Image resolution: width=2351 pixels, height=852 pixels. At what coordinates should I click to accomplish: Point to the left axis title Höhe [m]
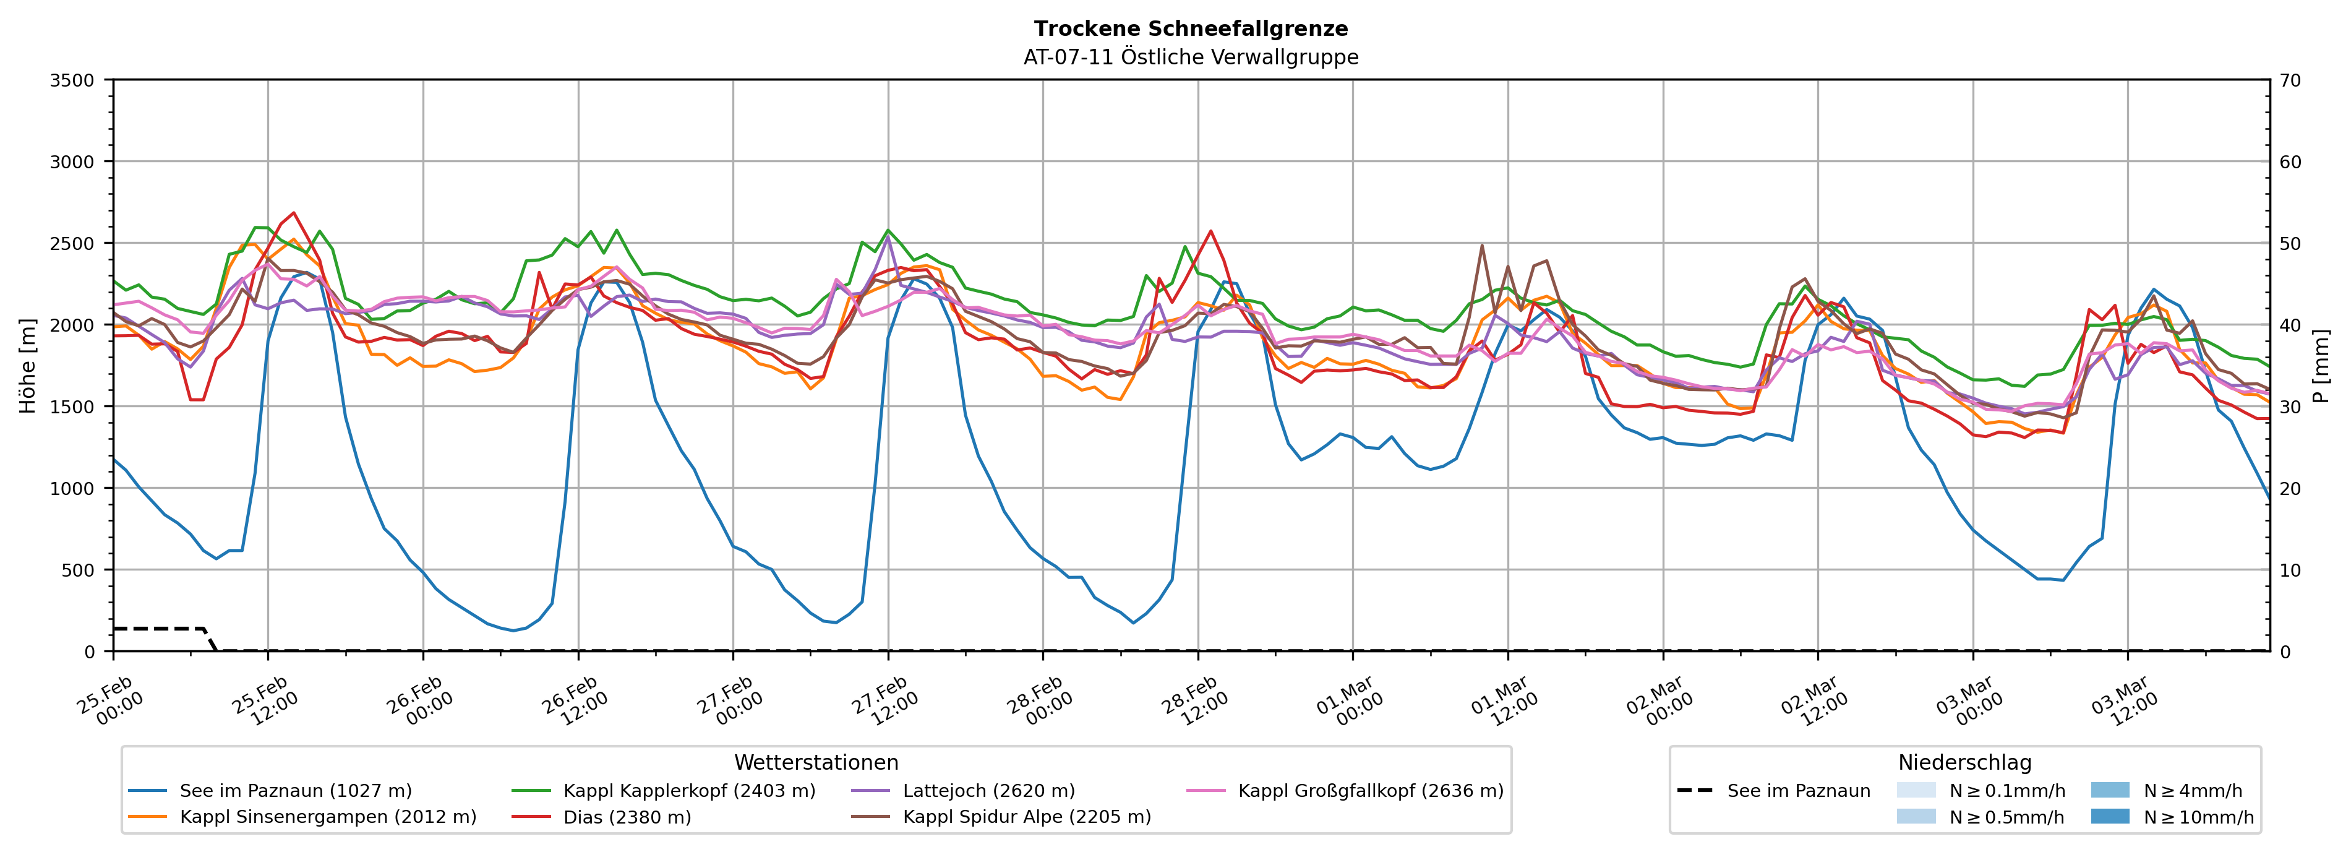click(28, 365)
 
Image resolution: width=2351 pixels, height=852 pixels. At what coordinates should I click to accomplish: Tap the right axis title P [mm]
click(2321, 365)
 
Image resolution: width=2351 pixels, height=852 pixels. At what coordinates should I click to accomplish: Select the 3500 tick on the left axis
click(72, 80)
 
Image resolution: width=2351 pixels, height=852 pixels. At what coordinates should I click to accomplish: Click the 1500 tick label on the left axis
click(72, 407)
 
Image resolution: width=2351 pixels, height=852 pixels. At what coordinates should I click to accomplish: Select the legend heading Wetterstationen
click(816, 762)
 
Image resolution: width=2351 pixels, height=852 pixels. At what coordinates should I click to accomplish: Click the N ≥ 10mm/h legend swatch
click(2109, 816)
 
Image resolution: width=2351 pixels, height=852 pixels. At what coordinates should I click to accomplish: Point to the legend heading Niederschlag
click(1964, 762)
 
